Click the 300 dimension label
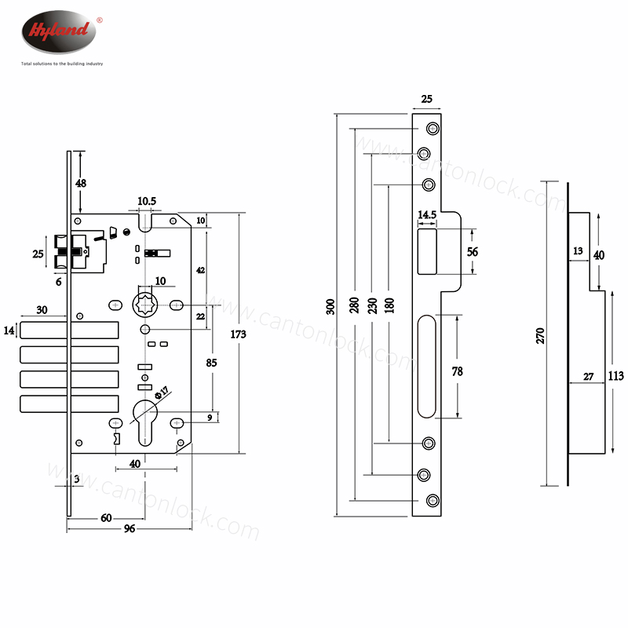click(x=330, y=306)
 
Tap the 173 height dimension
click(x=239, y=334)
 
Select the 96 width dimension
click(x=130, y=528)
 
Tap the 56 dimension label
click(x=473, y=252)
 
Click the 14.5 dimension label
click(x=427, y=214)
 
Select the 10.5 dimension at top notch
click(x=147, y=202)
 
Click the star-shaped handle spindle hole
click(x=147, y=304)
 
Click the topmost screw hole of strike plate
click(x=432, y=129)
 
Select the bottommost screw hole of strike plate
click(x=432, y=500)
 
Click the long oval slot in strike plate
click(x=427, y=366)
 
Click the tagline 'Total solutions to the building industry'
click(x=62, y=63)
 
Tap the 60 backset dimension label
click(x=107, y=518)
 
